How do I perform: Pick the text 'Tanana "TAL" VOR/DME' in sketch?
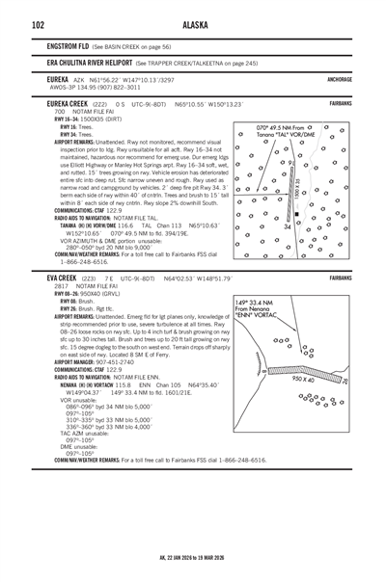pos(289,135)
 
